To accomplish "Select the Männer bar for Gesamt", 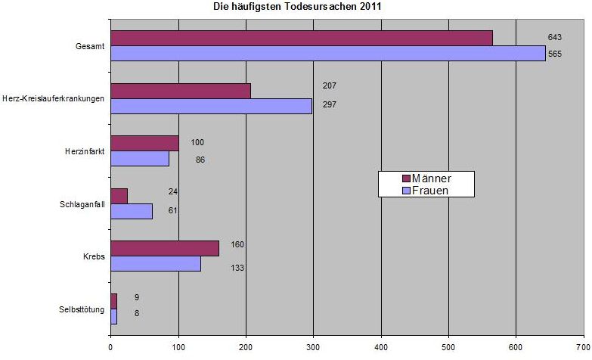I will point(302,38).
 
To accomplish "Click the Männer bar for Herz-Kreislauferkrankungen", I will point(181,91).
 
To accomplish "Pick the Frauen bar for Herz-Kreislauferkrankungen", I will point(211,106).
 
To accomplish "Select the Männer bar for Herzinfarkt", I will point(144,143).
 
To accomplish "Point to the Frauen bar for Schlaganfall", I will point(132,211).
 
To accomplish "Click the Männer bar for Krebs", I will point(165,248).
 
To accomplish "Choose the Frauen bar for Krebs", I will point(156,263).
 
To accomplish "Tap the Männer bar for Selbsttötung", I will point(114,300).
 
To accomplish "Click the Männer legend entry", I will point(427,178).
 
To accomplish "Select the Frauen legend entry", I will point(426,191).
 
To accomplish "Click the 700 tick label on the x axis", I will point(583,350).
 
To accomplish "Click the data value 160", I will point(237,245).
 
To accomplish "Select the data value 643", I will point(555,37).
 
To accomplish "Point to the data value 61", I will point(173,209).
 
